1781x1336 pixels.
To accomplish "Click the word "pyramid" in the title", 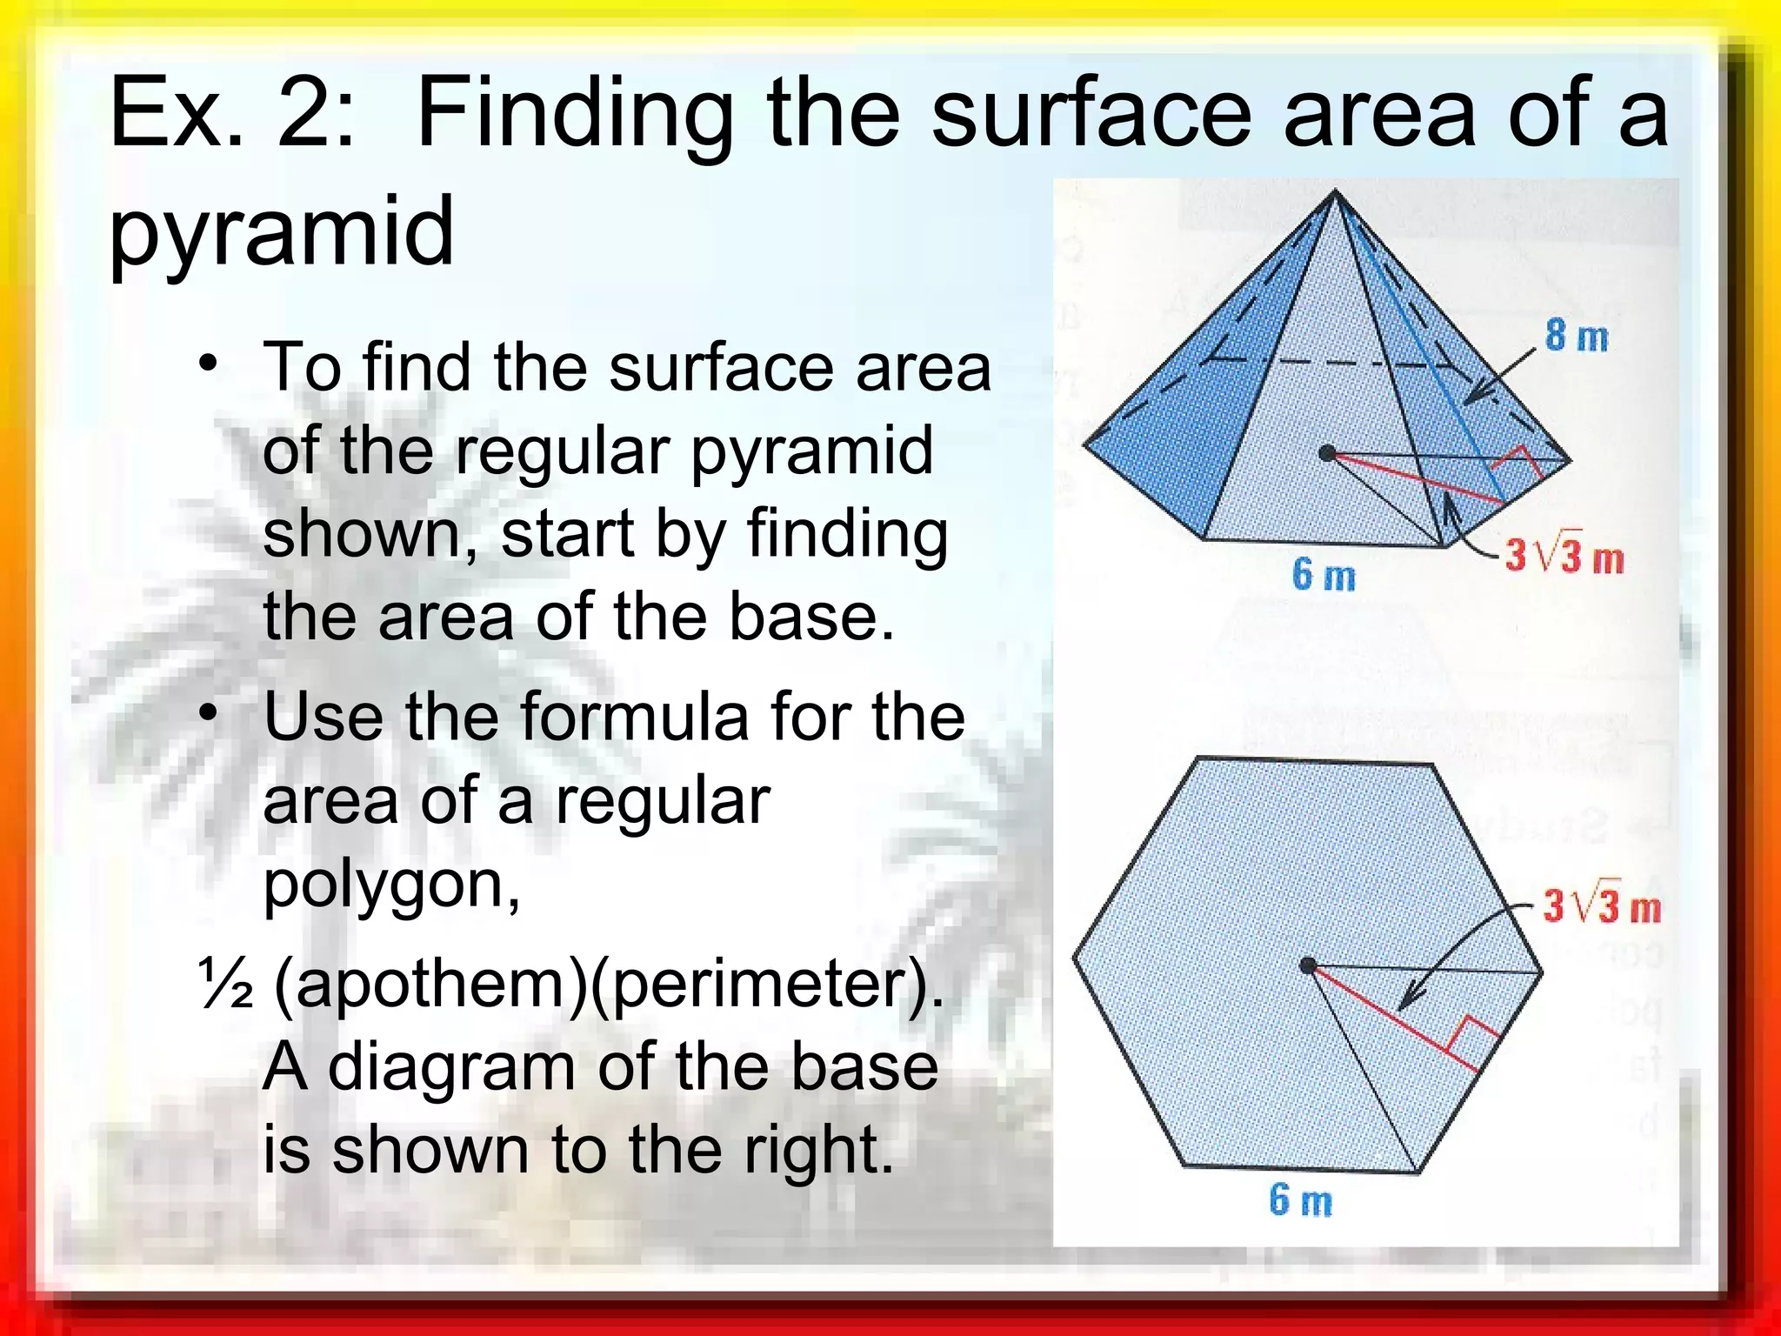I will point(281,232).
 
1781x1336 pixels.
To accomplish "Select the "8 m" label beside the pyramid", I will point(1576,336).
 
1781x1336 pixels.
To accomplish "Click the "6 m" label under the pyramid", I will point(1323,575).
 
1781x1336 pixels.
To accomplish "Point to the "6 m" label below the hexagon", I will point(1300,1200).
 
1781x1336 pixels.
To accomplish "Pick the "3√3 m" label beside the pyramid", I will point(1564,556).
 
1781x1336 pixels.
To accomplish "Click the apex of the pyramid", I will point(1335,193).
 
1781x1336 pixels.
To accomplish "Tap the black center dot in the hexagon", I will point(1307,965).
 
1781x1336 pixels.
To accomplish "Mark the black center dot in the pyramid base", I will point(1327,453).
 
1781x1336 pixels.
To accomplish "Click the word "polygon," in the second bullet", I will point(391,885).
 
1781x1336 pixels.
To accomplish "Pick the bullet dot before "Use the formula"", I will point(208,713).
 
